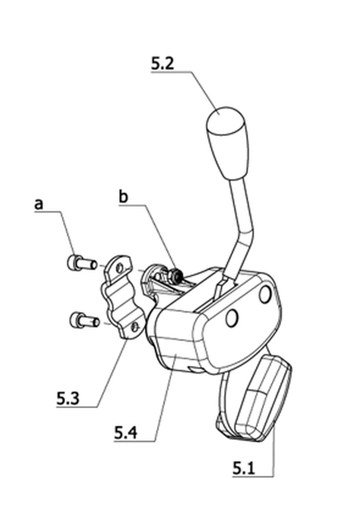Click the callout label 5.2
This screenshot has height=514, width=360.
point(162,63)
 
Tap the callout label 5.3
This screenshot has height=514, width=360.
point(68,399)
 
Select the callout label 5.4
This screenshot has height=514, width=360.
point(126,433)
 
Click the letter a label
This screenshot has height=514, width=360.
point(38,204)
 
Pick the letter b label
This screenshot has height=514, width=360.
point(123,197)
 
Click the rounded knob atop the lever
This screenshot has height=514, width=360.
point(227,143)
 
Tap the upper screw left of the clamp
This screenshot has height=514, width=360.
point(82,262)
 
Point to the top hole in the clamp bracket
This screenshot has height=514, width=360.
point(120,269)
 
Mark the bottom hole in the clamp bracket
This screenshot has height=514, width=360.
point(135,327)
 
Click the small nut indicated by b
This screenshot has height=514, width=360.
point(177,276)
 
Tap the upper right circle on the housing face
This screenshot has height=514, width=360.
point(265,294)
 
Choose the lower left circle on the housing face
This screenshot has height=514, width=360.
point(232,317)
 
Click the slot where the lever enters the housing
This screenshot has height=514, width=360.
point(218,294)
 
